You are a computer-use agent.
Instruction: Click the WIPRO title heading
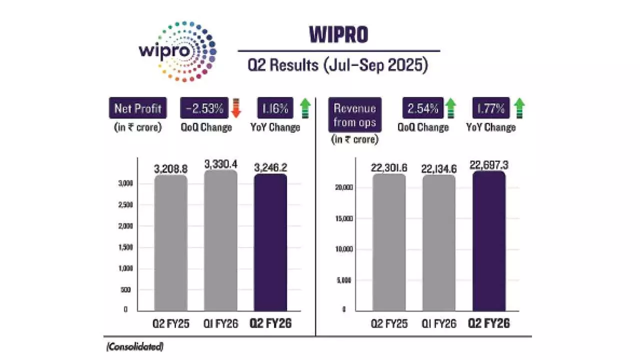pos(338,35)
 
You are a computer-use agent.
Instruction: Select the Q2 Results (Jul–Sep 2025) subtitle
pos(338,66)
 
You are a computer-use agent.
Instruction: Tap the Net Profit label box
pos(137,108)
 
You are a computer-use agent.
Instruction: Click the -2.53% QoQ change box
pos(205,108)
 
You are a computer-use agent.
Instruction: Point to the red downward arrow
pos(237,108)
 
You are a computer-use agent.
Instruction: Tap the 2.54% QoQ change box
pos(423,108)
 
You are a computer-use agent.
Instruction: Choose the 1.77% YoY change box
pos(491,108)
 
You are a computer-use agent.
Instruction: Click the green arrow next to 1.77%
pos(520,108)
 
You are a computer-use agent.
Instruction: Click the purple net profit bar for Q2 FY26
pos(271,242)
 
